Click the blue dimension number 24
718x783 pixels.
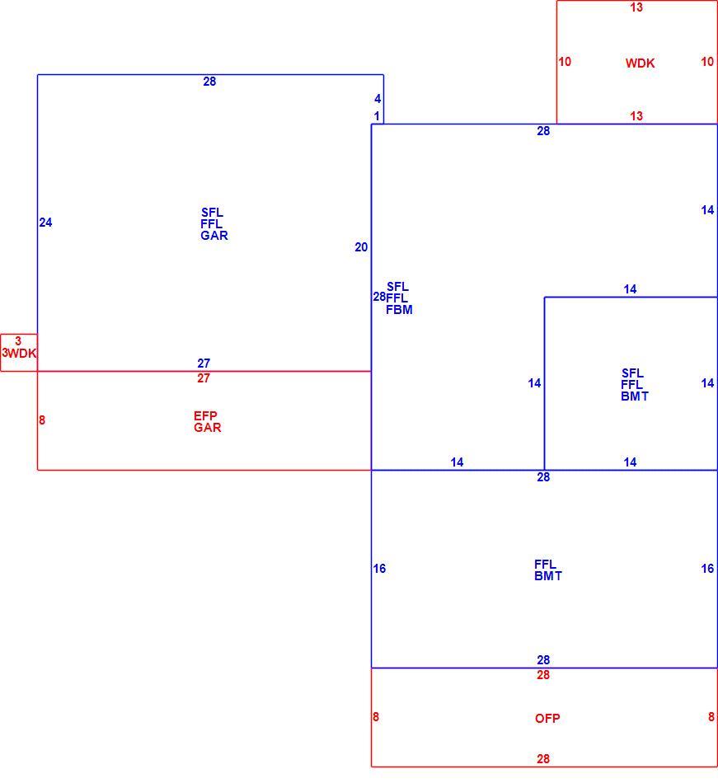pos(45,223)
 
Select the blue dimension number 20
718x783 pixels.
pos(361,247)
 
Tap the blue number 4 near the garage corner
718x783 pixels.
pos(378,99)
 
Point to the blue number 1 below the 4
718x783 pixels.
pos(377,116)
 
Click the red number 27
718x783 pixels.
pos(204,378)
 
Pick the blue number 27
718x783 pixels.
pos(204,363)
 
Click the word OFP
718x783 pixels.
pos(547,719)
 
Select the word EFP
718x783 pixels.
pos(205,416)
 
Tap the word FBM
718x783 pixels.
pos(399,310)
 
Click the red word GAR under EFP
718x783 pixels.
pos(207,428)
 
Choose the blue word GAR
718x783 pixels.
pos(214,236)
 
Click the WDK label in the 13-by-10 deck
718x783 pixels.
pos(641,63)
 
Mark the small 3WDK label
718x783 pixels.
pos(19,354)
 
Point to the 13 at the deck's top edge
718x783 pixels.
pos(636,7)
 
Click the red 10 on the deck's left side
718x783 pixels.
pos(565,62)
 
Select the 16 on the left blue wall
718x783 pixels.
pos(379,569)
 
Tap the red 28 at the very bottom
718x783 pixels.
pos(543,759)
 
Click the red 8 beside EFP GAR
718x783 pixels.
pos(42,420)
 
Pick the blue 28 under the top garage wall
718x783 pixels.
pos(209,82)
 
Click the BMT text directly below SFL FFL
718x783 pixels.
pos(635,396)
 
